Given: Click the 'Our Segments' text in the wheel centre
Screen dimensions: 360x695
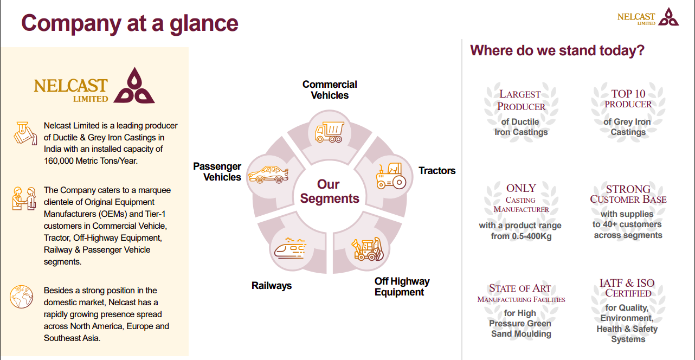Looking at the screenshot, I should [x=330, y=191].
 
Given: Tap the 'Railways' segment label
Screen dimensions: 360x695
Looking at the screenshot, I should [x=272, y=286].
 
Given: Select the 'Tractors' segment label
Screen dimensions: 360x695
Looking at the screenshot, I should [x=437, y=171].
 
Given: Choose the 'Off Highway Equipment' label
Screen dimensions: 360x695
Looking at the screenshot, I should [x=402, y=287].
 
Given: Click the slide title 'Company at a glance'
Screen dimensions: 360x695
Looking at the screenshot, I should [x=130, y=23].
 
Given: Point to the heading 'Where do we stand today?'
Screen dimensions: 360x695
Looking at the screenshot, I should [x=557, y=50].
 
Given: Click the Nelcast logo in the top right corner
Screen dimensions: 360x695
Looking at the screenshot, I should [x=648, y=17].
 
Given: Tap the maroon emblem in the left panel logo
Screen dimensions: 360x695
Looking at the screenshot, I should [x=133, y=86].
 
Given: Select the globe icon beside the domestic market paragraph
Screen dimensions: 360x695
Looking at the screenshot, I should [x=22, y=297].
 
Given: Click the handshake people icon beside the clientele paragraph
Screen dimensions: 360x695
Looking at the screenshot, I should [x=23, y=198].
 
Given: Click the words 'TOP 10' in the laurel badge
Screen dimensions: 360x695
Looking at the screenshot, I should [x=628, y=94].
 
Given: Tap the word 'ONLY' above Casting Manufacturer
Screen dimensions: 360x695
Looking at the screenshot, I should [x=521, y=188].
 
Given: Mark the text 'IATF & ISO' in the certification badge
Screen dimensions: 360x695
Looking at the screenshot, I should [x=627, y=283].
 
